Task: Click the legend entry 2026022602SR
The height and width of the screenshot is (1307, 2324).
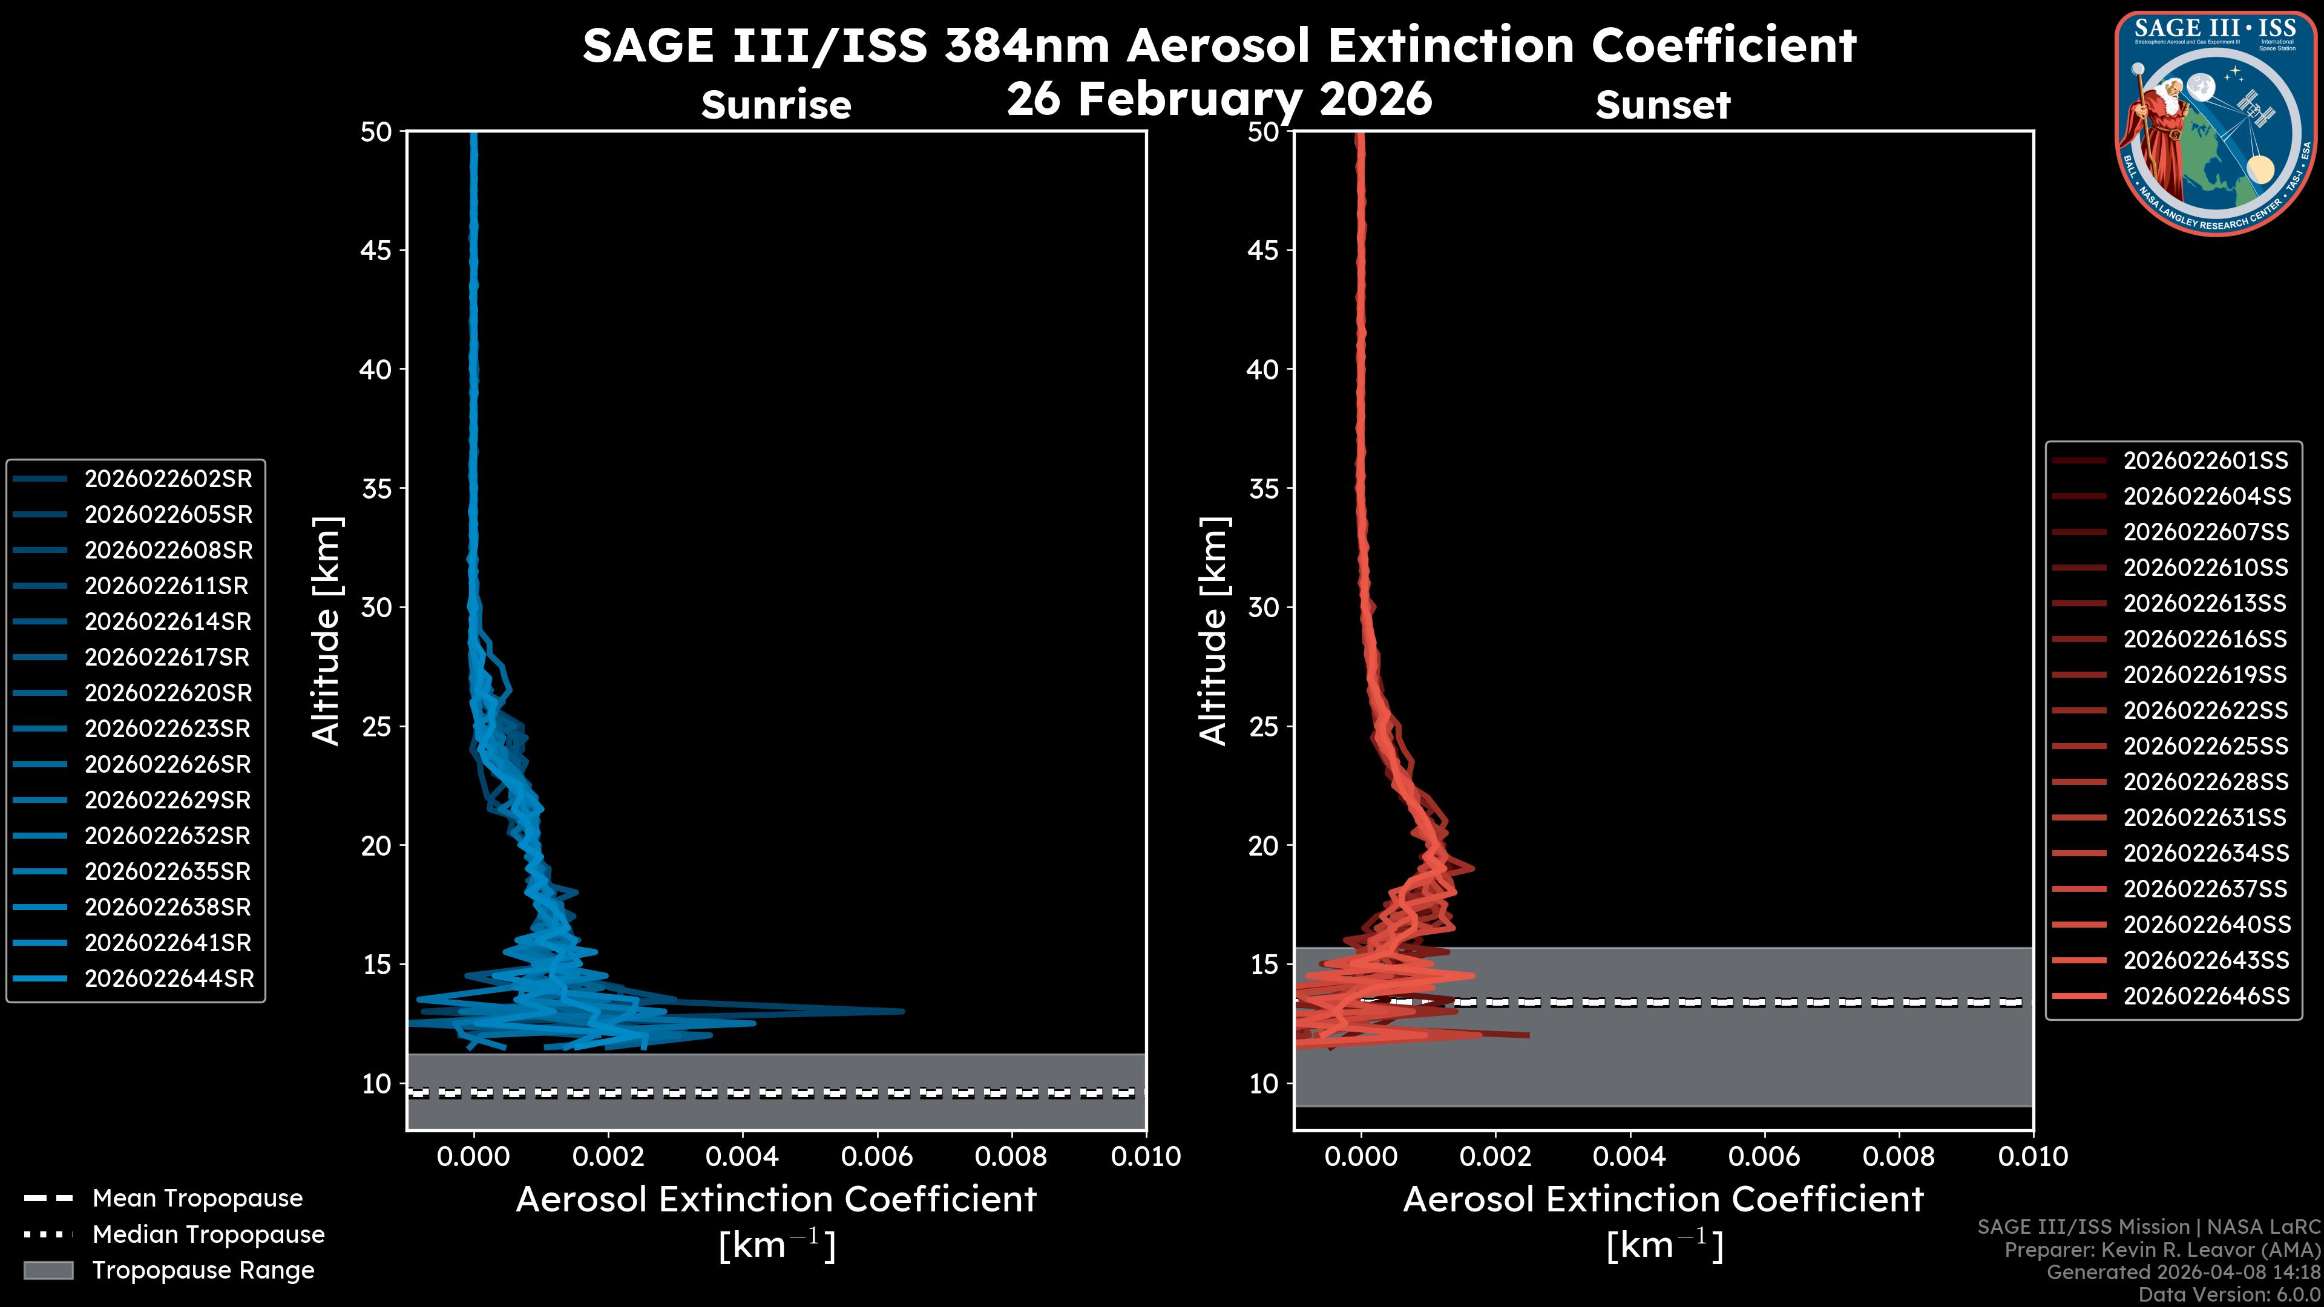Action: point(168,479)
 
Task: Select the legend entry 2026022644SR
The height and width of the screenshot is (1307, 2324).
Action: point(169,978)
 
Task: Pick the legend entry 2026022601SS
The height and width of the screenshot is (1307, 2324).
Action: point(2205,461)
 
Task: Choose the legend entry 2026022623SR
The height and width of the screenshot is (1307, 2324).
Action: point(168,729)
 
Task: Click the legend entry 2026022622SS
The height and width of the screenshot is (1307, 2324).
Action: point(2205,711)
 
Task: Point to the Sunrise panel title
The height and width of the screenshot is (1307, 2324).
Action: point(776,105)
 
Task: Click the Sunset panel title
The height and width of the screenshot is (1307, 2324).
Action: point(1663,105)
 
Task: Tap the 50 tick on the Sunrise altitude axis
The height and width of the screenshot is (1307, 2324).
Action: point(376,133)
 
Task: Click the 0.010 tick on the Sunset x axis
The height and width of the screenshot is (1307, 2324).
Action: point(2033,1156)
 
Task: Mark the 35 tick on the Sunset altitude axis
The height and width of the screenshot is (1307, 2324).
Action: point(1263,489)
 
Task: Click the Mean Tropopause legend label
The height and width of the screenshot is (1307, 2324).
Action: point(197,1199)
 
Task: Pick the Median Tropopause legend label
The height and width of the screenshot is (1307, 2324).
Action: point(208,1235)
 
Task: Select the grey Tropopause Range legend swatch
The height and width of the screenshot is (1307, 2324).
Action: point(48,1270)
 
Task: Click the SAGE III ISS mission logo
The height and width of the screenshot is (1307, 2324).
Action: point(2213,123)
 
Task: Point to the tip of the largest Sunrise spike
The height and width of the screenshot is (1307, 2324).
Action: point(902,1011)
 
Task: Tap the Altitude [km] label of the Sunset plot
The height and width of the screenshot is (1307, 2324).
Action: point(1213,631)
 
